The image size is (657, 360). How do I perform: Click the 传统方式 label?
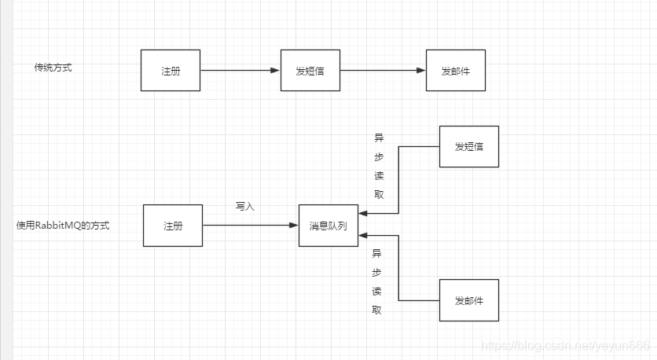[53, 68]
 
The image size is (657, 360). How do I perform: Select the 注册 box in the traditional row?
[171, 70]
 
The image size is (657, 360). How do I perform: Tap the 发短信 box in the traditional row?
[310, 70]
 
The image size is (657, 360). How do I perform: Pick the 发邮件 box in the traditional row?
[456, 70]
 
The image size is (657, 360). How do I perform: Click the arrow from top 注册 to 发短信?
[240, 70]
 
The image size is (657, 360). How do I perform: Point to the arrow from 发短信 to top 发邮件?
[382, 70]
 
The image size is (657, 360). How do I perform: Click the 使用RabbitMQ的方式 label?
[63, 226]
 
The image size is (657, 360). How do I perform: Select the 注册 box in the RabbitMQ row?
[173, 226]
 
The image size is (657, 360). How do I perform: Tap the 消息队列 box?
[328, 226]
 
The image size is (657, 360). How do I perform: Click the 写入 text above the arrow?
[245, 207]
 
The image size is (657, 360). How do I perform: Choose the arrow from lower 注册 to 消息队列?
[250, 226]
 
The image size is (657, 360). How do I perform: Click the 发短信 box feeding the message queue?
[468, 146]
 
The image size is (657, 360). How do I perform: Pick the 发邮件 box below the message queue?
[468, 300]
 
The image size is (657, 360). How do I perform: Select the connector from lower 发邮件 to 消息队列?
[399, 267]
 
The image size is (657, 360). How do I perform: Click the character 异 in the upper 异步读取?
[379, 137]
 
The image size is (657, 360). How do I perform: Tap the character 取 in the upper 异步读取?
[379, 195]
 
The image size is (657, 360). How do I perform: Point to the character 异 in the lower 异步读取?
[377, 253]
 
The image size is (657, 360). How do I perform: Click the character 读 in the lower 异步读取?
[377, 291]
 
